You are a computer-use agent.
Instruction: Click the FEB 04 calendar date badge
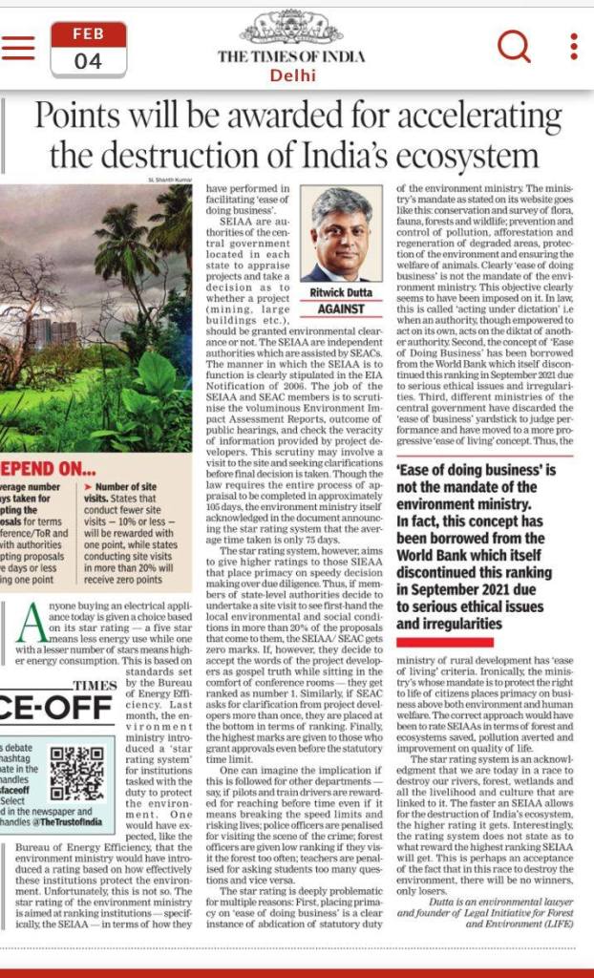(x=88, y=48)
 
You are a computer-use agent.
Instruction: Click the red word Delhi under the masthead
(x=291, y=74)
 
